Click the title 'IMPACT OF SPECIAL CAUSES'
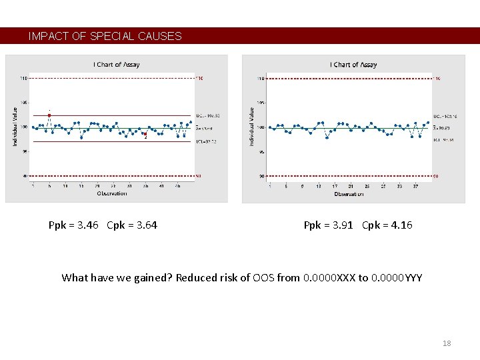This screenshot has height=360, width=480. pos(105,37)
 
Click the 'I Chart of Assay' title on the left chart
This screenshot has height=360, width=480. pos(117,65)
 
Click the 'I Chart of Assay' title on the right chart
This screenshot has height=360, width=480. pos(353,65)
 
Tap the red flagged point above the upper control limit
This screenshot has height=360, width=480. pos(49,115)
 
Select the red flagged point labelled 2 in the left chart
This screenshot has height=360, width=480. pos(145,134)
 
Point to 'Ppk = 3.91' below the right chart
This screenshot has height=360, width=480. pos(329,225)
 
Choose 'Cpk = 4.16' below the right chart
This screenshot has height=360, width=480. pos(387,225)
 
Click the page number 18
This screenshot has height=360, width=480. pos(447,343)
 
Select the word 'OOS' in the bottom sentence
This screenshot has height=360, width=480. pos(263,278)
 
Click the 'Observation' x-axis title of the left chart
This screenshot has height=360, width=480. pos(111,193)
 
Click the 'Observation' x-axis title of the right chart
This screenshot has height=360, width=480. pos(349,194)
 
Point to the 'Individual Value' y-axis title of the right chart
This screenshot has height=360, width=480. pos(251,127)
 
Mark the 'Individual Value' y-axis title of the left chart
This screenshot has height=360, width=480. pos(15,127)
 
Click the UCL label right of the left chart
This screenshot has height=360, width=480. pos(207,115)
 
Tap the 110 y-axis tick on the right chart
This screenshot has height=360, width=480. pos(260,79)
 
